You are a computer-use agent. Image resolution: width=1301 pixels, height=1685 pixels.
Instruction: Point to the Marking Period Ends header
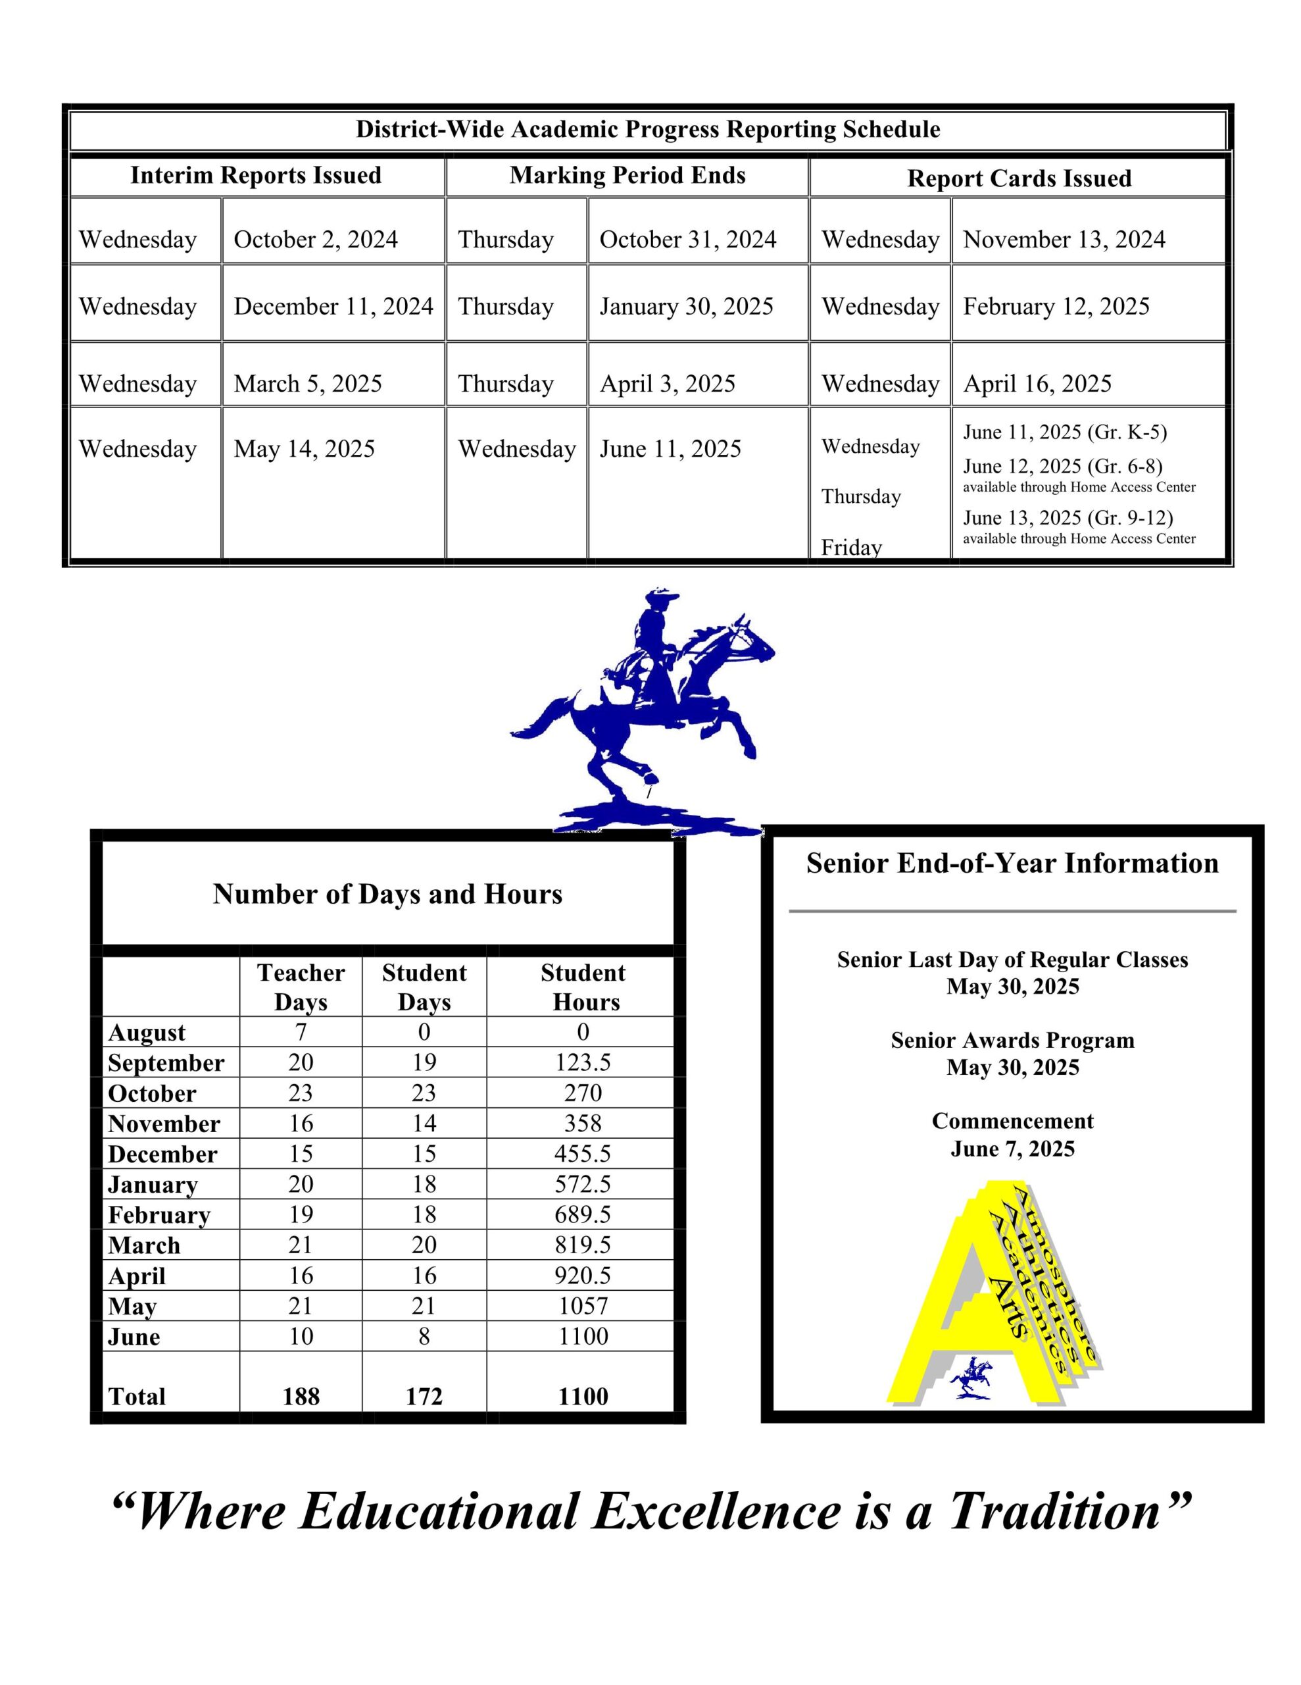627,175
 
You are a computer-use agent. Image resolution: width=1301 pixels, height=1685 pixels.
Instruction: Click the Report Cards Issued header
1019,178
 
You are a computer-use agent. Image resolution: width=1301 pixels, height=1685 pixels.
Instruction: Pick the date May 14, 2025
304,448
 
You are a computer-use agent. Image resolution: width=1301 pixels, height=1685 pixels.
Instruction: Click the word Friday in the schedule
850,547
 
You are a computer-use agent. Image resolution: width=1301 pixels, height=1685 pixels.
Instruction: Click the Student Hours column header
583,987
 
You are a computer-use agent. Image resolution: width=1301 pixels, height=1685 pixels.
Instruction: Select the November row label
164,1124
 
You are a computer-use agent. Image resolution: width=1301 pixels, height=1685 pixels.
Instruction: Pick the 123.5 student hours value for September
582,1062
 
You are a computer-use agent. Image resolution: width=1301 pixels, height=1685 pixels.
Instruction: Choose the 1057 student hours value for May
583,1305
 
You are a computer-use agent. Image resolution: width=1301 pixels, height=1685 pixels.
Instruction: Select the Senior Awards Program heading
1012,1040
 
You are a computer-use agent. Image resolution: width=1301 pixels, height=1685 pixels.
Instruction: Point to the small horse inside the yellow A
971,1376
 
